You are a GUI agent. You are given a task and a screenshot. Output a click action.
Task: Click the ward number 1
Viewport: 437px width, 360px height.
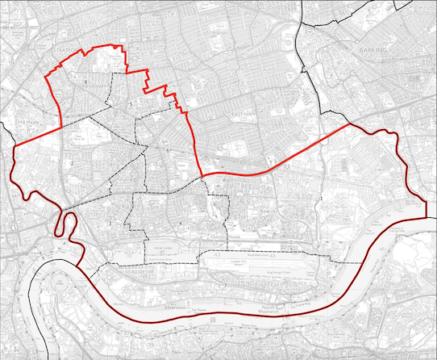coord(322,198)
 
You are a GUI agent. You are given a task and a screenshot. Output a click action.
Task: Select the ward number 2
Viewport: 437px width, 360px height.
coord(73,164)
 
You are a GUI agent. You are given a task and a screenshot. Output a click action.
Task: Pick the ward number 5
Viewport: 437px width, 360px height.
coord(130,105)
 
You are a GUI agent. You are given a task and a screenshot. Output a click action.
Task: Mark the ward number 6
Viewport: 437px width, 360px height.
coord(168,151)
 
